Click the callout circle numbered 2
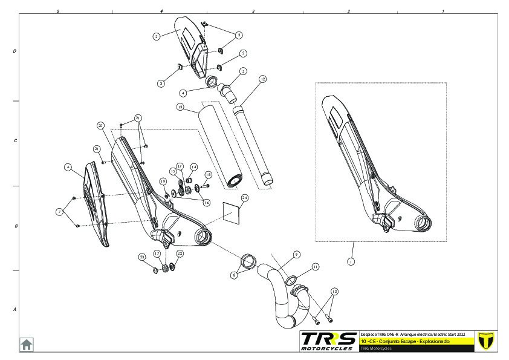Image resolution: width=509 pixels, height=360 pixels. coord(156,36)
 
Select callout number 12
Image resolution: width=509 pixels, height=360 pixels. coord(262,79)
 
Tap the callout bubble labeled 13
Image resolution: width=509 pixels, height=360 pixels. coord(180,107)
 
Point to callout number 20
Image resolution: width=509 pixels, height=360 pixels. coord(100,125)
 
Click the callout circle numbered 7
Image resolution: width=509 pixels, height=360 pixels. coord(59,211)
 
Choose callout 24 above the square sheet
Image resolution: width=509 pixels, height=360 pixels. coord(245,198)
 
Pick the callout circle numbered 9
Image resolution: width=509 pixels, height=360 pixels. coord(297,255)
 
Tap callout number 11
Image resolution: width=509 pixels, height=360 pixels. coord(316,267)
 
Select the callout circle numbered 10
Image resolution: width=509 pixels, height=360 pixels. coord(334,292)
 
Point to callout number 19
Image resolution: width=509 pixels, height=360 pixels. coord(163,182)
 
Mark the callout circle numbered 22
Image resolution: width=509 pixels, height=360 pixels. coord(180,254)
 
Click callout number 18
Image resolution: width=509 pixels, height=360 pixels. coord(208,175)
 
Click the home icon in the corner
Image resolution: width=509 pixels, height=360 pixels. coord(27,344)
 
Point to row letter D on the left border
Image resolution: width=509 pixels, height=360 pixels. coord(15,51)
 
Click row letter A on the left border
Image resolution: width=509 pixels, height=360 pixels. coord(15,309)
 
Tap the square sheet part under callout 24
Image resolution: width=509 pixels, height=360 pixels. coord(232,212)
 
